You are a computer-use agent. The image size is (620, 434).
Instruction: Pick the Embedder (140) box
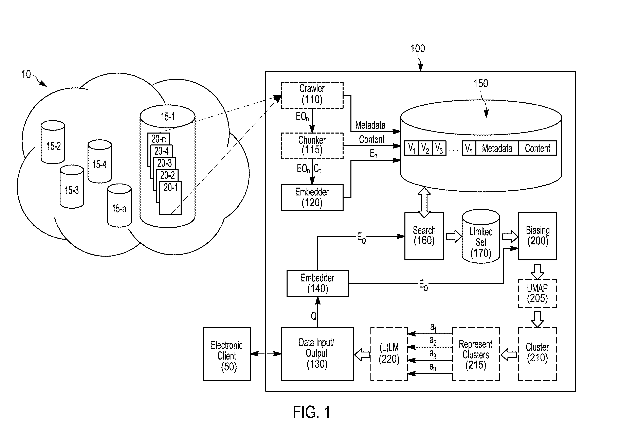[x=317, y=283]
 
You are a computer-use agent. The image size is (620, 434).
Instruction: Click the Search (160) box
[x=424, y=236]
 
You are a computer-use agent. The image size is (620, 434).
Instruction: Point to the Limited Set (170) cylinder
[x=481, y=236]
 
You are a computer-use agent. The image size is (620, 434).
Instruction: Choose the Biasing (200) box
[x=537, y=236]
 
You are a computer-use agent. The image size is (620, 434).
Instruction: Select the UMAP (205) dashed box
[x=537, y=293]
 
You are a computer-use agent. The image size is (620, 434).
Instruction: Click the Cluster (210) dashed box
[x=537, y=354]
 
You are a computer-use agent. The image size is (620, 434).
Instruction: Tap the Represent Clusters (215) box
[x=476, y=354]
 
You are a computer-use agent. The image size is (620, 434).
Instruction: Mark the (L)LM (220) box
[x=389, y=354]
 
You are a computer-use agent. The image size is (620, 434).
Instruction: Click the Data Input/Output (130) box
[x=317, y=354]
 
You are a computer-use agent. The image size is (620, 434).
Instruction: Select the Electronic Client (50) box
[x=227, y=354]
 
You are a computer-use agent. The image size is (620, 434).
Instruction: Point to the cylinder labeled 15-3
[x=72, y=187]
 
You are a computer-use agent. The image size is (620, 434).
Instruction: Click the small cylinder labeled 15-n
[x=119, y=205]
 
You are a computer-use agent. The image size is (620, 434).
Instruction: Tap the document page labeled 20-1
[x=170, y=198]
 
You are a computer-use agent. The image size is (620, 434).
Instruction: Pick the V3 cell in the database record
[x=439, y=148]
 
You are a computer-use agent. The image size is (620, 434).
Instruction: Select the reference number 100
[x=417, y=49]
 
